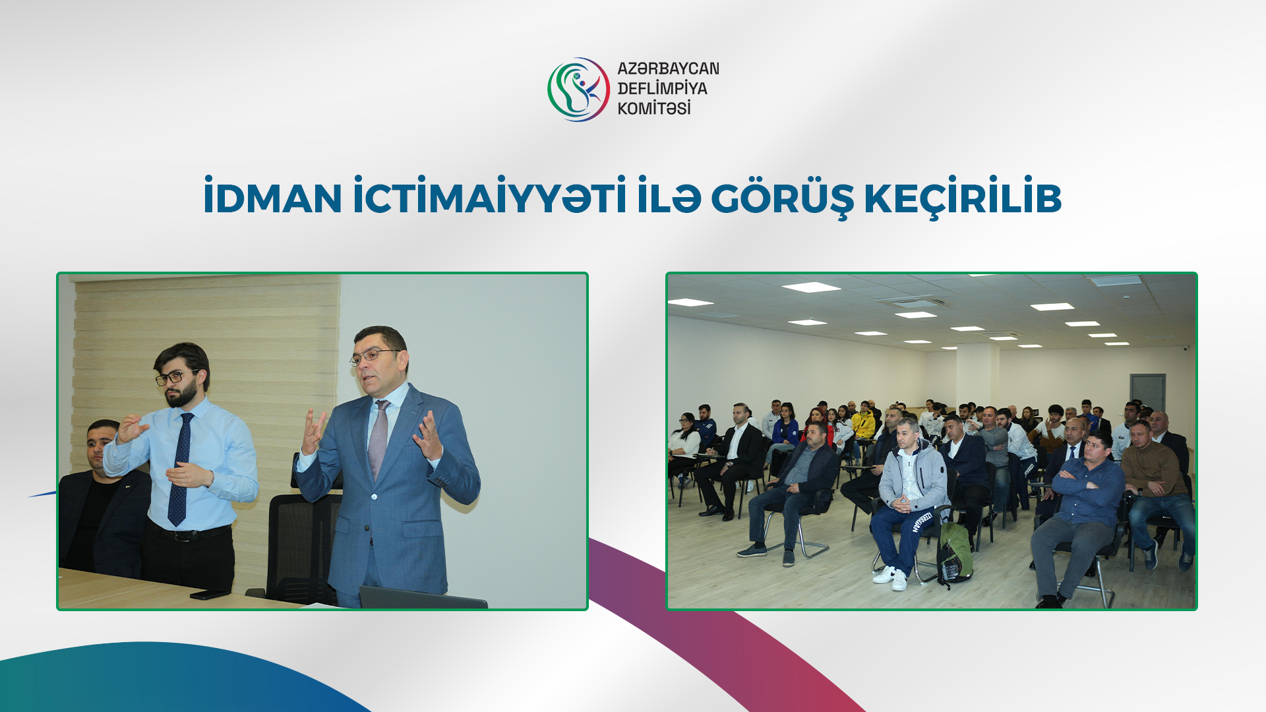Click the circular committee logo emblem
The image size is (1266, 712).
(x=578, y=90)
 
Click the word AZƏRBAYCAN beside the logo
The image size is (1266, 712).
(x=668, y=69)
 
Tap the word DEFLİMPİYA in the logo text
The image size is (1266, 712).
(x=662, y=88)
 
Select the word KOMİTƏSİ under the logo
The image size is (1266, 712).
(x=653, y=108)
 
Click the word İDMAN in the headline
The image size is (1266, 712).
(x=272, y=198)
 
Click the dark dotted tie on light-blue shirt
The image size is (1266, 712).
(x=180, y=468)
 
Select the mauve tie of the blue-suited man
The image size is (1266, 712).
(x=378, y=438)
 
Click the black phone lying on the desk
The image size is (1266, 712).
(x=209, y=594)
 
